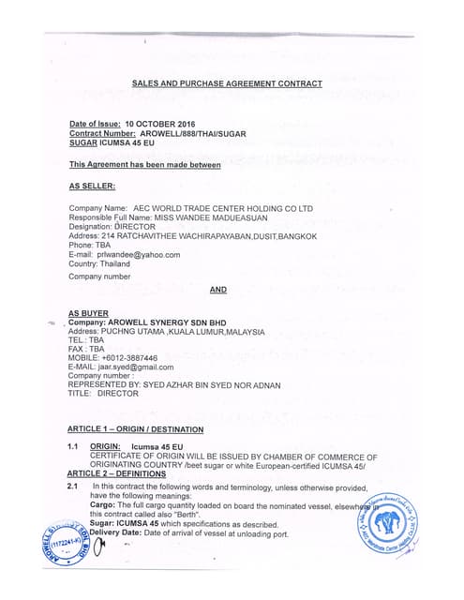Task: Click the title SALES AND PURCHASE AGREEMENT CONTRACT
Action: click(227, 83)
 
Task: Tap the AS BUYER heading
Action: click(88, 313)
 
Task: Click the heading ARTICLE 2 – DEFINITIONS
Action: click(116, 474)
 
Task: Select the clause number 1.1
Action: click(72, 446)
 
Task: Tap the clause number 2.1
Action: click(72, 487)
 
